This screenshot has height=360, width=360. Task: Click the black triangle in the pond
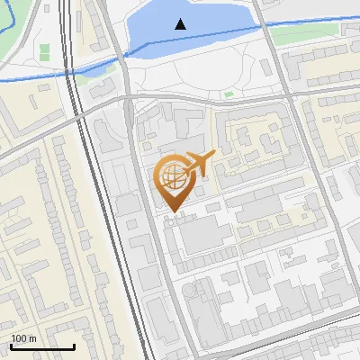pyautogui.click(x=181, y=24)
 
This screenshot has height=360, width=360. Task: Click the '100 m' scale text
pyautogui.click(x=23, y=338)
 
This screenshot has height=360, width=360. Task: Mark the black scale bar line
pyautogui.click(x=42, y=346)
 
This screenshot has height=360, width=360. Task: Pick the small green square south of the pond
pyautogui.click(x=229, y=94)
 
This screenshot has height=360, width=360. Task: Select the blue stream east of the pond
pyautogui.click(x=306, y=21)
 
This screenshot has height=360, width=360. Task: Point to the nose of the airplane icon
pyautogui.click(x=215, y=155)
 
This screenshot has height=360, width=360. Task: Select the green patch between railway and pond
pyautogui.click(x=84, y=79)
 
